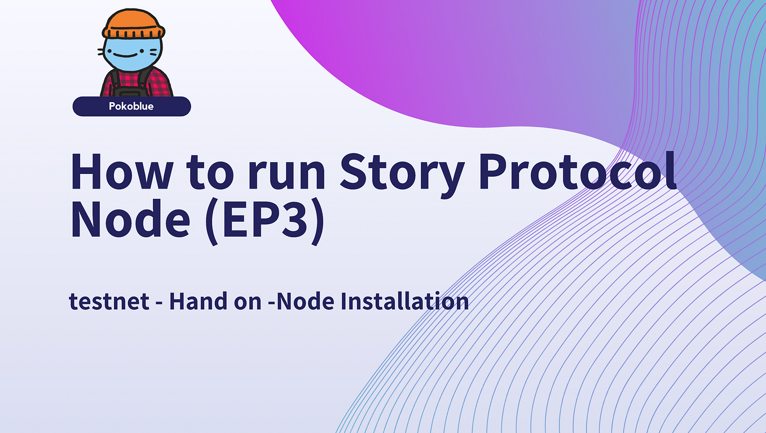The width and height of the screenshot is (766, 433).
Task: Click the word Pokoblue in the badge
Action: pos(131,106)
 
